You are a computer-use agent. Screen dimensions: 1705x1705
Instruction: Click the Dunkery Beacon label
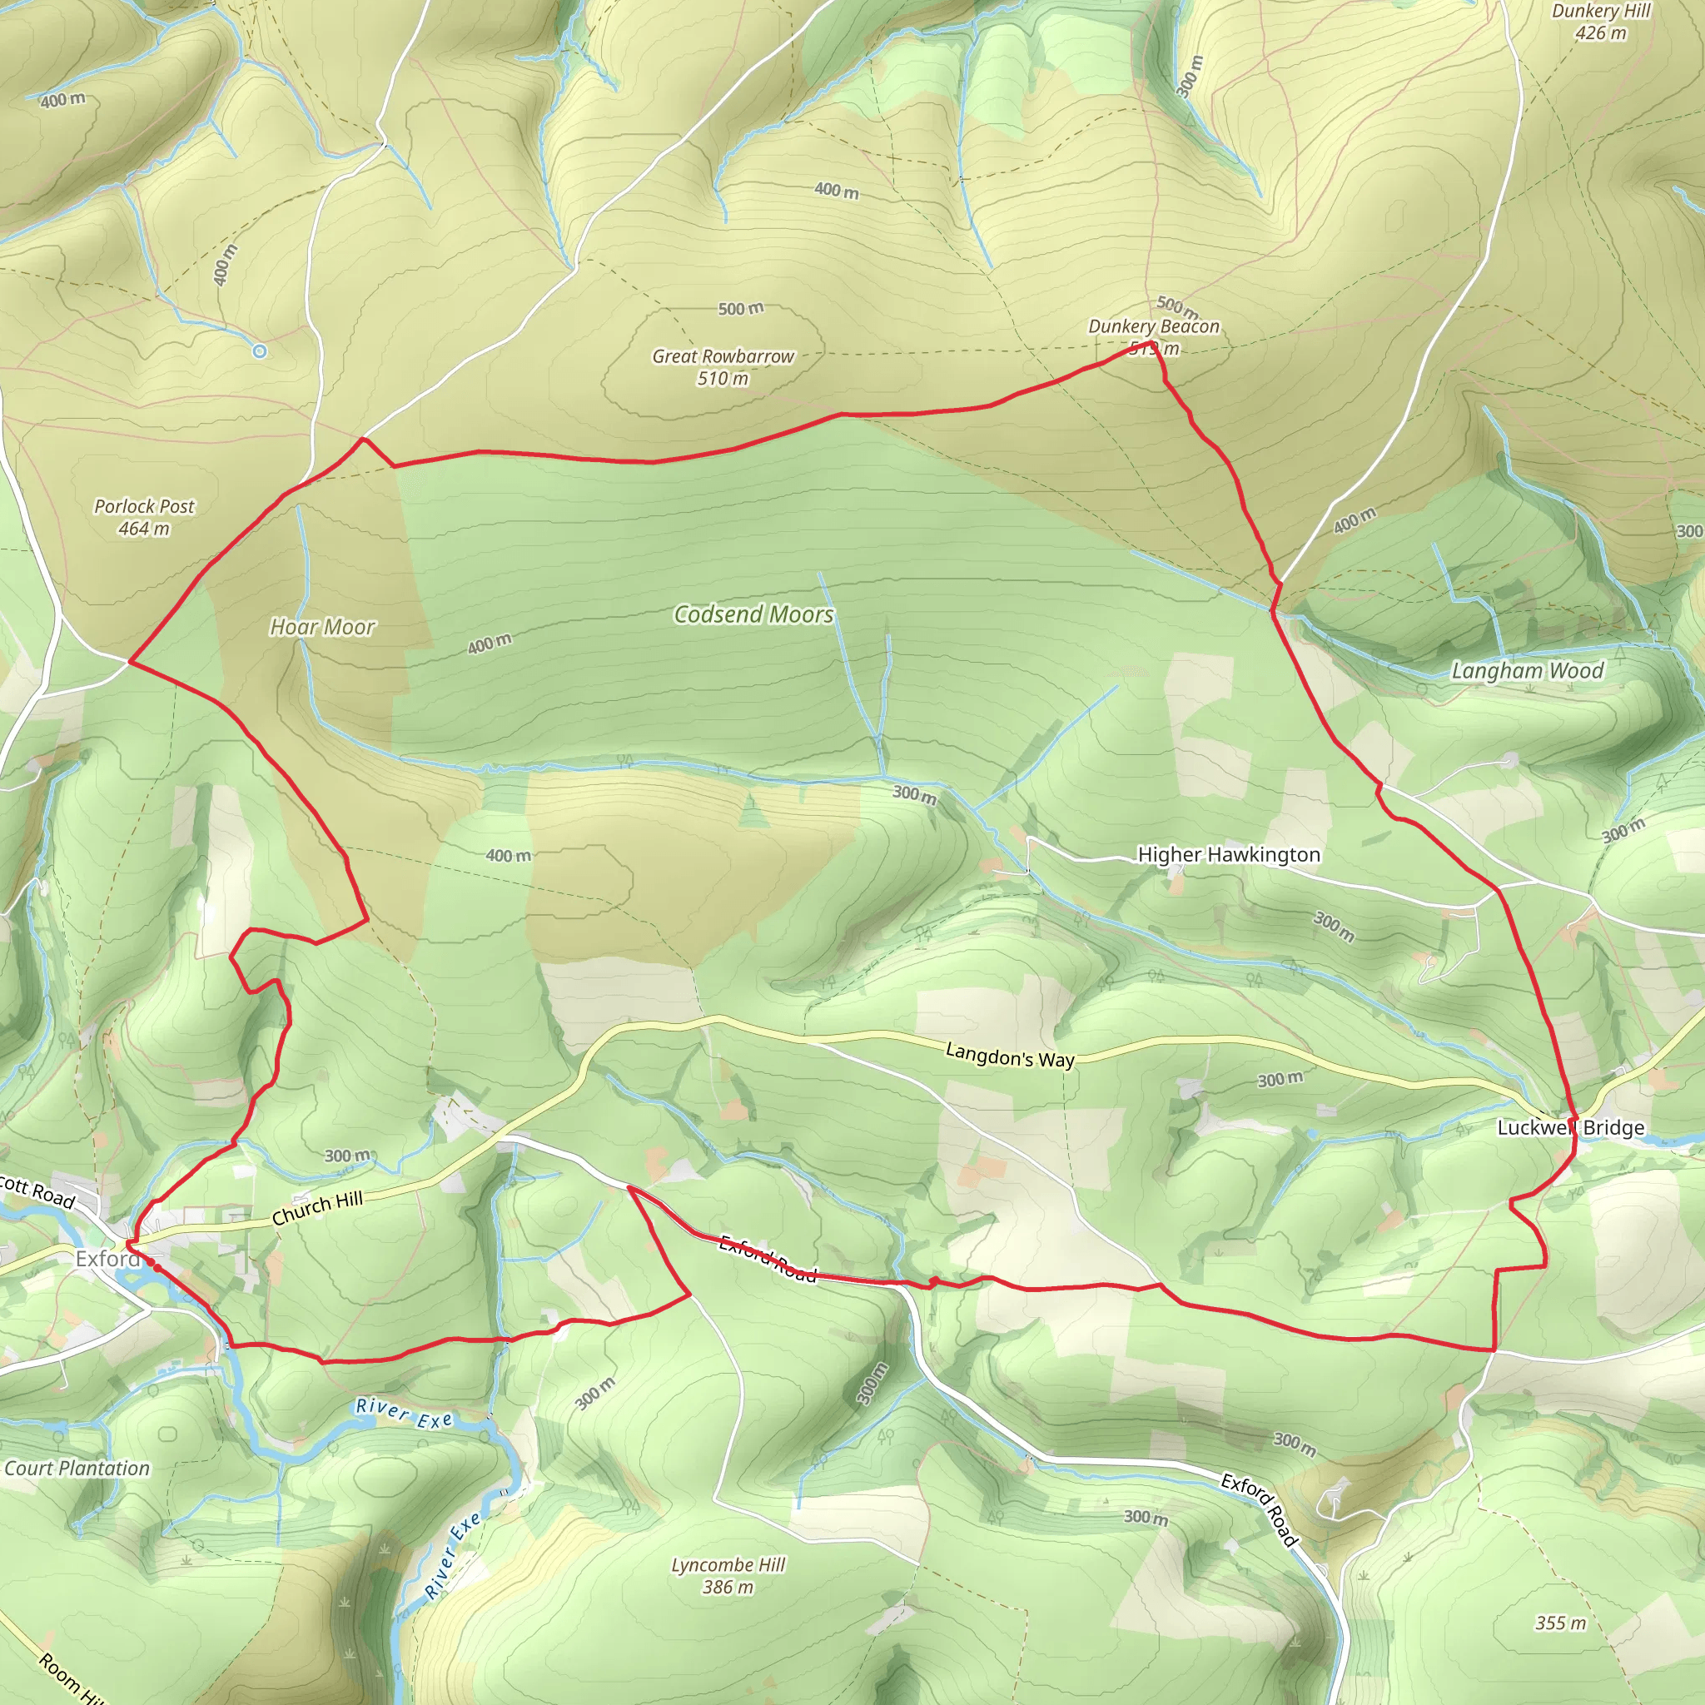pyautogui.click(x=1153, y=326)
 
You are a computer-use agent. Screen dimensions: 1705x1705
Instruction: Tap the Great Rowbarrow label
pyautogui.click(x=723, y=356)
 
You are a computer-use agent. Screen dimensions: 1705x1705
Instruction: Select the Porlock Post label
pyautogui.click(x=144, y=506)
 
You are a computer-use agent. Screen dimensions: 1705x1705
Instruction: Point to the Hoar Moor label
pyautogui.click(x=322, y=628)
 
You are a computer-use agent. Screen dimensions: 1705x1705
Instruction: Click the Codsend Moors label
pyautogui.click(x=753, y=615)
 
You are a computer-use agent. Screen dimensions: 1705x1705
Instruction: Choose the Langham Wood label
pyautogui.click(x=1528, y=672)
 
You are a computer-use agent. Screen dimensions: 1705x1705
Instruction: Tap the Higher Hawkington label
pyautogui.click(x=1229, y=854)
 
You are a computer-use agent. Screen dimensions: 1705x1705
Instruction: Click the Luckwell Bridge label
pyautogui.click(x=1571, y=1128)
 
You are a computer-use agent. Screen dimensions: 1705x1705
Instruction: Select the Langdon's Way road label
pyautogui.click(x=1010, y=1055)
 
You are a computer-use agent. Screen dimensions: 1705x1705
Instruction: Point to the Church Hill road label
pyautogui.click(x=317, y=1208)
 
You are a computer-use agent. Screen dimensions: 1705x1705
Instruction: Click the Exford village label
pyautogui.click(x=107, y=1259)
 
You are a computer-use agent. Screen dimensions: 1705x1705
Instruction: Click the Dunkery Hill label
pyautogui.click(x=1601, y=12)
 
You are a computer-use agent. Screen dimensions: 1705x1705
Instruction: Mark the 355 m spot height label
pyautogui.click(x=1560, y=1623)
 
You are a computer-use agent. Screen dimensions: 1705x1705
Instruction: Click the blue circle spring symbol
pyautogui.click(x=260, y=351)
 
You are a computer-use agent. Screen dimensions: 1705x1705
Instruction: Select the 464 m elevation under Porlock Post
pyautogui.click(x=144, y=529)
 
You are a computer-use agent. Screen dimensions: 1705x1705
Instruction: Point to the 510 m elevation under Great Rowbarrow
pyautogui.click(x=723, y=379)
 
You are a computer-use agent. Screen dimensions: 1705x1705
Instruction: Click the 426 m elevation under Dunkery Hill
pyautogui.click(x=1601, y=33)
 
